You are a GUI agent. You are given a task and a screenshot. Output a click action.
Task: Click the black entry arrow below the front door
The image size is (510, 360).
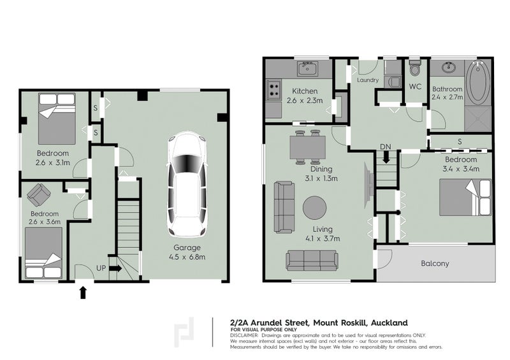coord(82,292)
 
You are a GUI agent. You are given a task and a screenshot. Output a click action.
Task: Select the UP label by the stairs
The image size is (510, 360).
coord(100,268)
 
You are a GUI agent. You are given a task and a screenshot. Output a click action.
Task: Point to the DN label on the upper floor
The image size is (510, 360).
coord(385,147)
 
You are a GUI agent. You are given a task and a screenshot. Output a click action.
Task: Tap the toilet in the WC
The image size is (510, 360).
coord(415,68)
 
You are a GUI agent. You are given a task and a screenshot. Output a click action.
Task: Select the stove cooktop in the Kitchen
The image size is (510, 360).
coord(274,89)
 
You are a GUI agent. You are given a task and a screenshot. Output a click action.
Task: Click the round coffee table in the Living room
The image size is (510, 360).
coord(314,207)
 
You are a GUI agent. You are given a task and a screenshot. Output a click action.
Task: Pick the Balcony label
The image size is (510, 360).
coord(435,263)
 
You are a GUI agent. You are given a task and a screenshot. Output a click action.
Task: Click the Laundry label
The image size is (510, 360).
coord(368,81)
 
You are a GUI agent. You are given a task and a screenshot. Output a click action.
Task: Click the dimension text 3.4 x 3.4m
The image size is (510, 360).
coord(461,169)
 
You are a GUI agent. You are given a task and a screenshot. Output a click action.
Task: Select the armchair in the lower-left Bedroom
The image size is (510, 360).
coord(40,194)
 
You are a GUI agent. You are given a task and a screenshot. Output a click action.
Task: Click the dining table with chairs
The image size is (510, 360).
coord(307,147)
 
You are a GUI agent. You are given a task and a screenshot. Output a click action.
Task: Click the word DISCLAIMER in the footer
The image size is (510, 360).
coord(245,335)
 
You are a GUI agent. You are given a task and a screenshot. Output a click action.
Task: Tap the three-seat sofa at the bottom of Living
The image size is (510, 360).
coord(312,260)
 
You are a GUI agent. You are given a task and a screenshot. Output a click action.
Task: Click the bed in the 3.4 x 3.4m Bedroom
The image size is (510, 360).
coord(465,198)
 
